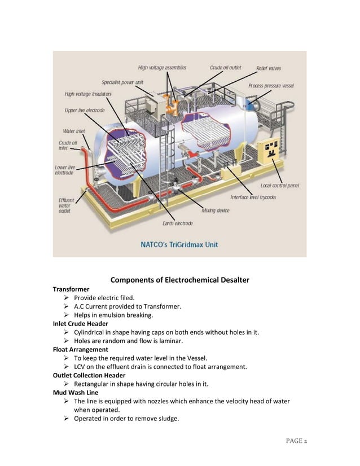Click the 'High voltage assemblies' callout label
(162, 68)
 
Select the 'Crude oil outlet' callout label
(226, 68)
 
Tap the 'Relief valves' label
(269, 69)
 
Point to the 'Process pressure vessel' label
(271, 85)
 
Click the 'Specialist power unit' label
(122, 82)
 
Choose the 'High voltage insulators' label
(88, 94)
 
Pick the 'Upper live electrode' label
(85, 111)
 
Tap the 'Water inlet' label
(73, 131)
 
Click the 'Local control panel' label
(280, 185)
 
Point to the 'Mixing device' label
(216, 210)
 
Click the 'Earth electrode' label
(178, 223)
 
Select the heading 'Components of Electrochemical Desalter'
(179, 280)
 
